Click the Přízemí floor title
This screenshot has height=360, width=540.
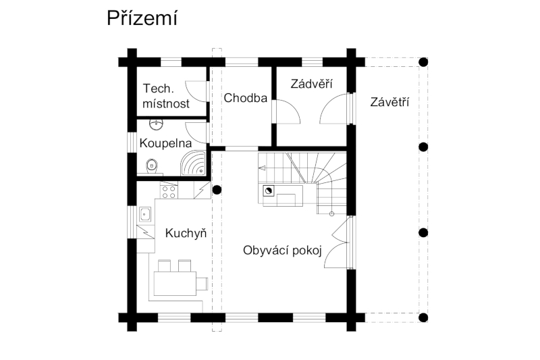click(142, 19)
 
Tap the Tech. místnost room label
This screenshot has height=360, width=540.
click(166, 96)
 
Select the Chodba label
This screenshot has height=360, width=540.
click(245, 98)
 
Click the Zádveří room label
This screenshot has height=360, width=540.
click(311, 84)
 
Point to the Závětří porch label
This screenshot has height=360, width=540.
click(389, 102)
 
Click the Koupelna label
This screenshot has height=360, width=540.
click(165, 143)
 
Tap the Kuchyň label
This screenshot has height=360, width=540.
click(186, 233)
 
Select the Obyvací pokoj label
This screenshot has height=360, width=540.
click(282, 251)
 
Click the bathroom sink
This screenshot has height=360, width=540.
click(157, 124)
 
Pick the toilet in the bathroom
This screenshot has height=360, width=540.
click(151, 167)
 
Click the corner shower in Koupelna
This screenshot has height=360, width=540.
click(193, 163)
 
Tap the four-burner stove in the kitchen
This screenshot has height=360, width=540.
click(169, 192)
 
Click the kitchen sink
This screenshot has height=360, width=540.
click(145, 214)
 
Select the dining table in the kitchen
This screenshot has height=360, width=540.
click(175, 283)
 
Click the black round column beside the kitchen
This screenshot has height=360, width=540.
click(217, 190)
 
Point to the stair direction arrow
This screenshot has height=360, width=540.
click(262, 168)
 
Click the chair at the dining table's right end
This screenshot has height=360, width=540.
click(202, 284)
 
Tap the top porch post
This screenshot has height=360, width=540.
click(423, 62)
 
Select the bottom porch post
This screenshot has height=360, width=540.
click(423, 317)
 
